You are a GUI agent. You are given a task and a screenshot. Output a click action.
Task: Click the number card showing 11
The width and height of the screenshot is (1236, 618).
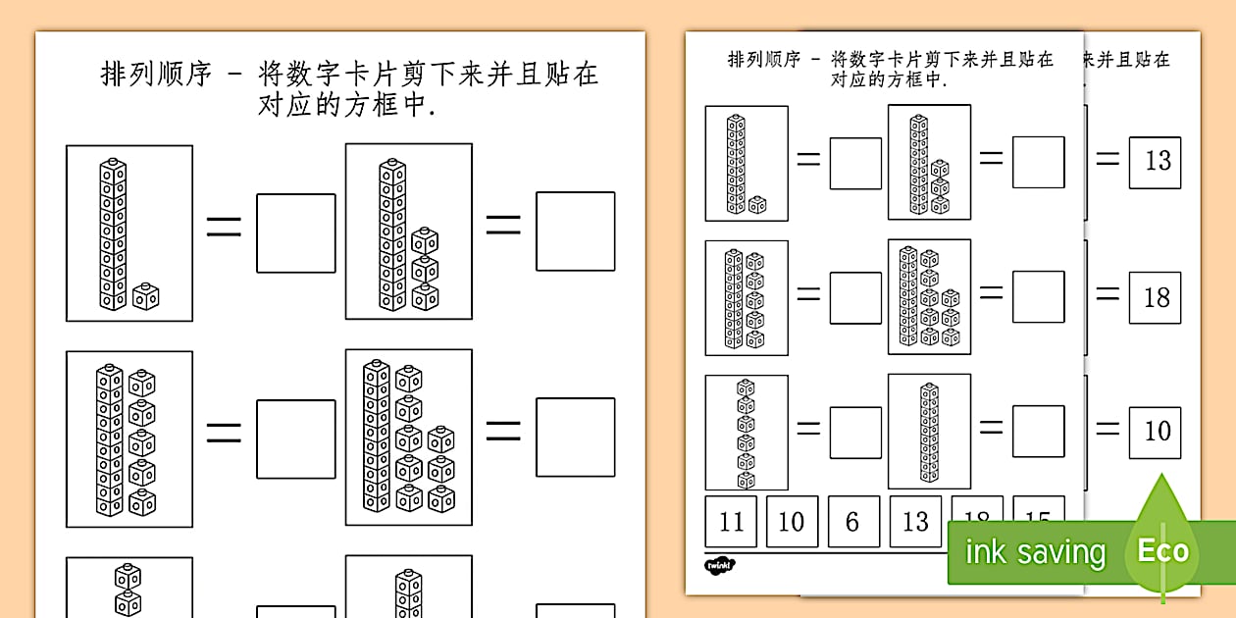(731, 521)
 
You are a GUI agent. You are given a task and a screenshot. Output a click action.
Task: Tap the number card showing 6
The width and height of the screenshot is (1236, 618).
(852, 521)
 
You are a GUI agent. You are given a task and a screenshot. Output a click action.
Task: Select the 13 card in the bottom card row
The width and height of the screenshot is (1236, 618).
(914, 521)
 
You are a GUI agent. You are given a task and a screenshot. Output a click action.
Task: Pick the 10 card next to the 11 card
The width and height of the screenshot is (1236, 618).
(792, 521)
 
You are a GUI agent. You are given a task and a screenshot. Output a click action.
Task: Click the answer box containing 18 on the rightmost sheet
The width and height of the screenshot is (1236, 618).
(1156, 297)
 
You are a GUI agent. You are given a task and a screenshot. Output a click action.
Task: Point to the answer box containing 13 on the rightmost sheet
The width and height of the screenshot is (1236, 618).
(1156, 162)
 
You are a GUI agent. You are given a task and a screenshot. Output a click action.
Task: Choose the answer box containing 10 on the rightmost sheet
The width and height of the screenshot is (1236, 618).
(1156, 432)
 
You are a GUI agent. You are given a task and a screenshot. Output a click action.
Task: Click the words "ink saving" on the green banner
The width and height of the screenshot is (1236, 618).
(1035, 552)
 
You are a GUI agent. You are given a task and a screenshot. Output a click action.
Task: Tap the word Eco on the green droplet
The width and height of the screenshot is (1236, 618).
(1162, 550)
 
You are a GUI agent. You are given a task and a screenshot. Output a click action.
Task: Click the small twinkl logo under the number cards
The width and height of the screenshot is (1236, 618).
(720, 565)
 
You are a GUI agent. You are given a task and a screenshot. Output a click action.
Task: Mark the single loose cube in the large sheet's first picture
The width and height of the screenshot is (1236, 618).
(146, 295)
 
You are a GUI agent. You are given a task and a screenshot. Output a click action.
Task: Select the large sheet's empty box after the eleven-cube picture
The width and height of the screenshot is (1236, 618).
(295, 233)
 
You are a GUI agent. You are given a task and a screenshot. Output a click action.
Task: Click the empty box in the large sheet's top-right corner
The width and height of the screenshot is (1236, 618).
(575, 232)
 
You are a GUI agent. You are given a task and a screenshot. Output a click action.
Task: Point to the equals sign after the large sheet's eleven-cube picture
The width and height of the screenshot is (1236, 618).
(224, 229)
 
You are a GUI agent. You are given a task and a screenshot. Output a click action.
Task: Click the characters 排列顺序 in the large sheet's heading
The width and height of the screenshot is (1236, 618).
(157, 76)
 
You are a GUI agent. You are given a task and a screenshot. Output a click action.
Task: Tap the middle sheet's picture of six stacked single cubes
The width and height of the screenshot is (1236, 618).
(747, 432)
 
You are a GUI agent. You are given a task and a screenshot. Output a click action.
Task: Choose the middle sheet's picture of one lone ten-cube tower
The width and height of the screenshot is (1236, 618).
(929, 432)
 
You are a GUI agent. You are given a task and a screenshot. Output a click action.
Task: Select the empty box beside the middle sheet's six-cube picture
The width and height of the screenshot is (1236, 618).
(854, 432)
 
